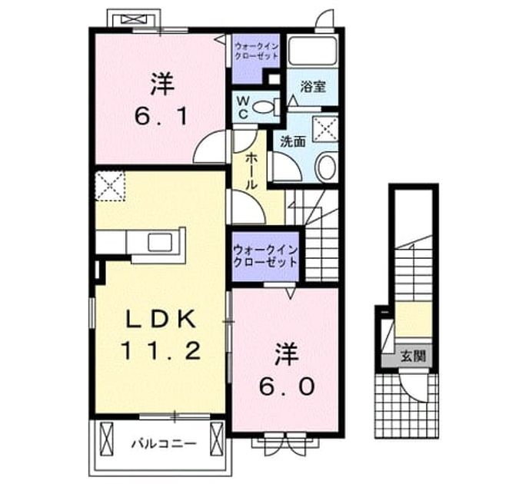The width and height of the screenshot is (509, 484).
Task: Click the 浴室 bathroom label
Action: (x=313, y=87)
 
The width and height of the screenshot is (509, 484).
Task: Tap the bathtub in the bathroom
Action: (x=312, y=51)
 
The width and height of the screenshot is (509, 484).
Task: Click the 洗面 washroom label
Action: (x=293, y=141)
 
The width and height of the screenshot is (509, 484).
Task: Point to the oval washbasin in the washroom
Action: (x=326, y=167)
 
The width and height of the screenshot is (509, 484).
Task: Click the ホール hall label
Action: (x=251, y=171)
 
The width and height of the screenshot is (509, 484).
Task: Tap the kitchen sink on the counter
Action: (x=161, y=243)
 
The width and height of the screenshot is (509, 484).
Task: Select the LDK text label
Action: (x=161, y=320)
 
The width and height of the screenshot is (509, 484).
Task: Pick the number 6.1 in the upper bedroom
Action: (x=161, y=117)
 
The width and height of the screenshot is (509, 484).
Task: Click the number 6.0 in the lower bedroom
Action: (x=287, y=386)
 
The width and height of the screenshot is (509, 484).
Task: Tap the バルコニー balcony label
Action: (x=164, y=443)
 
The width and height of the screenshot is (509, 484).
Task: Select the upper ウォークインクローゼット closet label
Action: (x=257, y=51)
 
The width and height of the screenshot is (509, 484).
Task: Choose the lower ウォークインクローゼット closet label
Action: (x=265, y=256)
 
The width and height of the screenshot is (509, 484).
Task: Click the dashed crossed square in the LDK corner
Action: (x=110, y=186)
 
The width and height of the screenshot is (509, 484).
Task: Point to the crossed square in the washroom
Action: (x=325, y=129)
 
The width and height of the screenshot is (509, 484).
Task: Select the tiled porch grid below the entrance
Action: (x=406, y=406)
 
